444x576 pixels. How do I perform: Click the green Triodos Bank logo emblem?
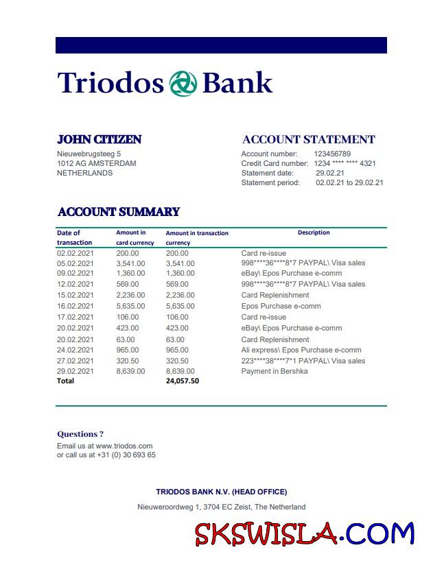[183, 83]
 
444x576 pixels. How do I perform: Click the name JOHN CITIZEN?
[99, 139]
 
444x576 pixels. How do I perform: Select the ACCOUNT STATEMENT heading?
[309, 139]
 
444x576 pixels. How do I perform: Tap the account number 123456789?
[332, 154]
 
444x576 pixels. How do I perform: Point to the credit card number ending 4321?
[344, 163]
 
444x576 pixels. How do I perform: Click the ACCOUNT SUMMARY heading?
[119, 212]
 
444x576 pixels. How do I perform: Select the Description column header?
[314, 232]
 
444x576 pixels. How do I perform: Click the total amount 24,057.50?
[183, 381]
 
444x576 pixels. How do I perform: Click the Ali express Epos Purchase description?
[301, 350]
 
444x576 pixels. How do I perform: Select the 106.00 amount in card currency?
[127, 317]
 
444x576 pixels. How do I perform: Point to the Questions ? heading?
[80, 434]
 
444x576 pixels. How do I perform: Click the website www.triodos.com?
[124, 446]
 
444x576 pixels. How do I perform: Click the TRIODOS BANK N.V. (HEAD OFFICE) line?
[221, 492]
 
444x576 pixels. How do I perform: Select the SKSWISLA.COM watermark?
[305, 534]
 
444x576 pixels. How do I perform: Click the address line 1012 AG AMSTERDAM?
[97, 163]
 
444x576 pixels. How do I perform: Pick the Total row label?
[65, 381]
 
